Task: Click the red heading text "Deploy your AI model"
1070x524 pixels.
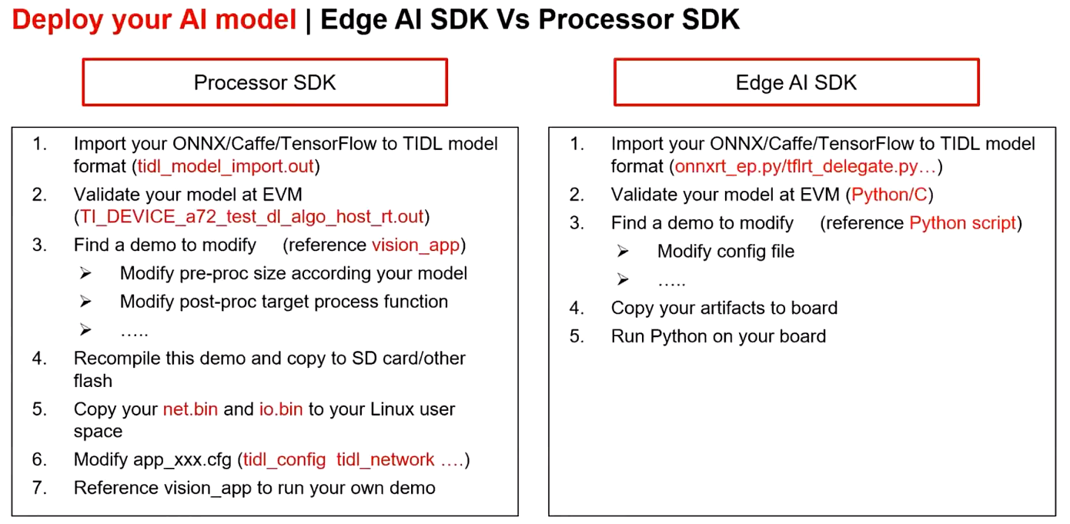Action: tap(154, 20)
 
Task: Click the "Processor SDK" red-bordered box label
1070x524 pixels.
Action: tap(265, 82)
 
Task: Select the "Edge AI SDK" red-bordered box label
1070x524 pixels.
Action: tap(796, 82)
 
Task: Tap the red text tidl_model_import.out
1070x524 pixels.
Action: tap(226, 167)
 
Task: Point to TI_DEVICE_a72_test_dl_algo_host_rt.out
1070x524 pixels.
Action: tap(252, 217)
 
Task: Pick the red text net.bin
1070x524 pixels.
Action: tap(190, 409)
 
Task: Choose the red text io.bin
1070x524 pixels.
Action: tap(281, 409)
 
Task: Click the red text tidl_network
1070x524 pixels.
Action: tap(385, 459)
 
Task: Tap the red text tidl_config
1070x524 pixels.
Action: tap(284, 459)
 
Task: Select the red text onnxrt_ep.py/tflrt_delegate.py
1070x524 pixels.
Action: tap(796, 167)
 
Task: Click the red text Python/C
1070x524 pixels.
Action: tap(889, 195)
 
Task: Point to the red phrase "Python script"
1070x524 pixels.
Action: tap(962, 223)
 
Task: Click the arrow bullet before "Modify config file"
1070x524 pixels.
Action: tap(623, 252)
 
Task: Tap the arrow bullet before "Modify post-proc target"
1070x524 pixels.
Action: tap(85, 302)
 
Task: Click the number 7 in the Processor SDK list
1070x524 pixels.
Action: tap(39, 488)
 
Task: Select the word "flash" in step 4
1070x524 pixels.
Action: tap(92, 381)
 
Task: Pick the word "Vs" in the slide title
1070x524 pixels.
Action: tap(513, 20)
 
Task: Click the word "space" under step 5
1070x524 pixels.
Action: tap(98, 432)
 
